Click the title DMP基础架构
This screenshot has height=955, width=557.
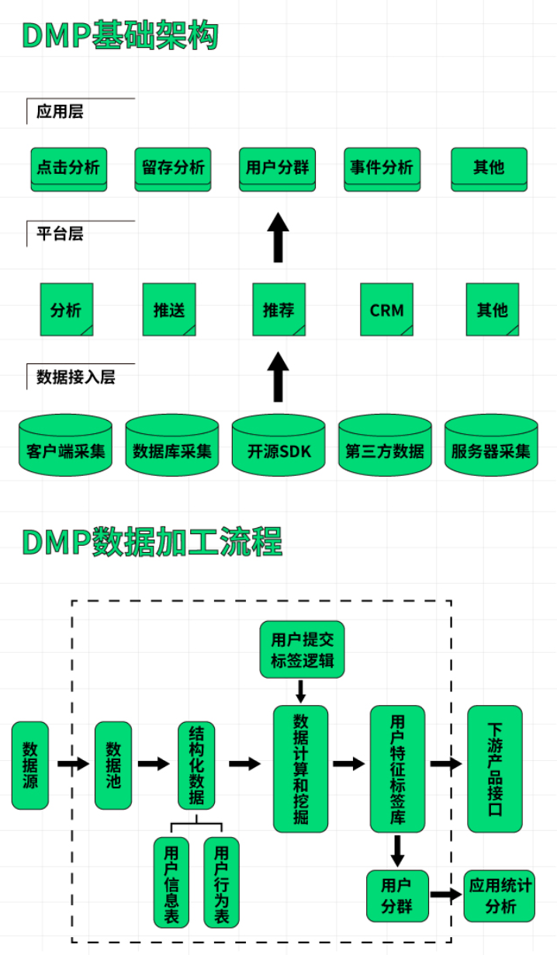[120, 36]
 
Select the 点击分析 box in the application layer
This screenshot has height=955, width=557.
[69, 168]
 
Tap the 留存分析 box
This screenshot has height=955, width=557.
[173, 168]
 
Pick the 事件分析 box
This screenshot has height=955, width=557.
[382, 168]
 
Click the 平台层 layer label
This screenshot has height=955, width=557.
[60, 234]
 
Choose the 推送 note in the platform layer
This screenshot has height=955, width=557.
[169, 310]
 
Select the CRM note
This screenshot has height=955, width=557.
[386, 310]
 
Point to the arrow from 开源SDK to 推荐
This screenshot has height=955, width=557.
[278, 377]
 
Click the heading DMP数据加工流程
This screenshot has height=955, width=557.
[152, 542]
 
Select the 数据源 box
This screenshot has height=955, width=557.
[30, 765]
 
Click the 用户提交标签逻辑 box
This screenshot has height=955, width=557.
[302, 650]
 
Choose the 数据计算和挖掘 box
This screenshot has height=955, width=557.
[300, 769]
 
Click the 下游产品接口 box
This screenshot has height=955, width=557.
[495, 769]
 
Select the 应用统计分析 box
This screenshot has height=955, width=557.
[500, 896]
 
